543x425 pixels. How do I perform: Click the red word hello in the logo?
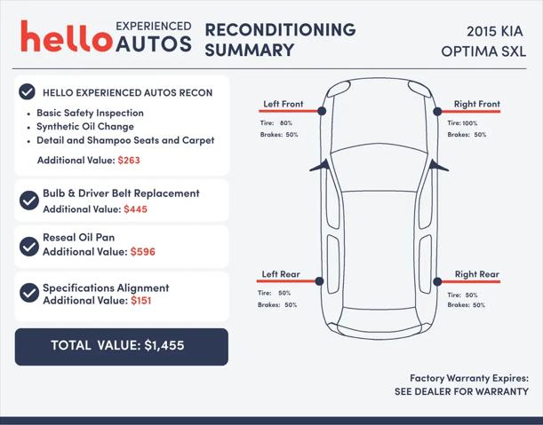(67, 36)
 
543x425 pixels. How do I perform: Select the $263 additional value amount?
(129, 160)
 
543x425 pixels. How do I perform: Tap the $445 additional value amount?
(135, 209)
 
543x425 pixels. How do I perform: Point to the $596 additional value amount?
(143, 252)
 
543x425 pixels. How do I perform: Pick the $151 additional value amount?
(141, 300)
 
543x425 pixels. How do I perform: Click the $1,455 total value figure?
(164, 345)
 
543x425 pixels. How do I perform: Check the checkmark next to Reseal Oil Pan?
(29, 247)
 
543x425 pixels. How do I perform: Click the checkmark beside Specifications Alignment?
(29, 293)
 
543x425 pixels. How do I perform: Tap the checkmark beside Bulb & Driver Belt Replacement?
(29, 201)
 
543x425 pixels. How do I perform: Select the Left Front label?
(283, 104)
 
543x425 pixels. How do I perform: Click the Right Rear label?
(477, 274)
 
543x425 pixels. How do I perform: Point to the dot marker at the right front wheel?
(437, 111)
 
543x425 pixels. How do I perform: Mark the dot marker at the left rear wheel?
(319, 281)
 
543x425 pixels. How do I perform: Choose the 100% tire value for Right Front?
(470, 123)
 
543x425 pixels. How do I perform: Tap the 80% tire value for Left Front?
(286, 122)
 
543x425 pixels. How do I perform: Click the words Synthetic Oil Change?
(85, 127)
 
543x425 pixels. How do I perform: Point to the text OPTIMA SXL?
(483, 51)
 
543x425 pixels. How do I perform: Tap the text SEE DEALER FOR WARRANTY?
(461, 391)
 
